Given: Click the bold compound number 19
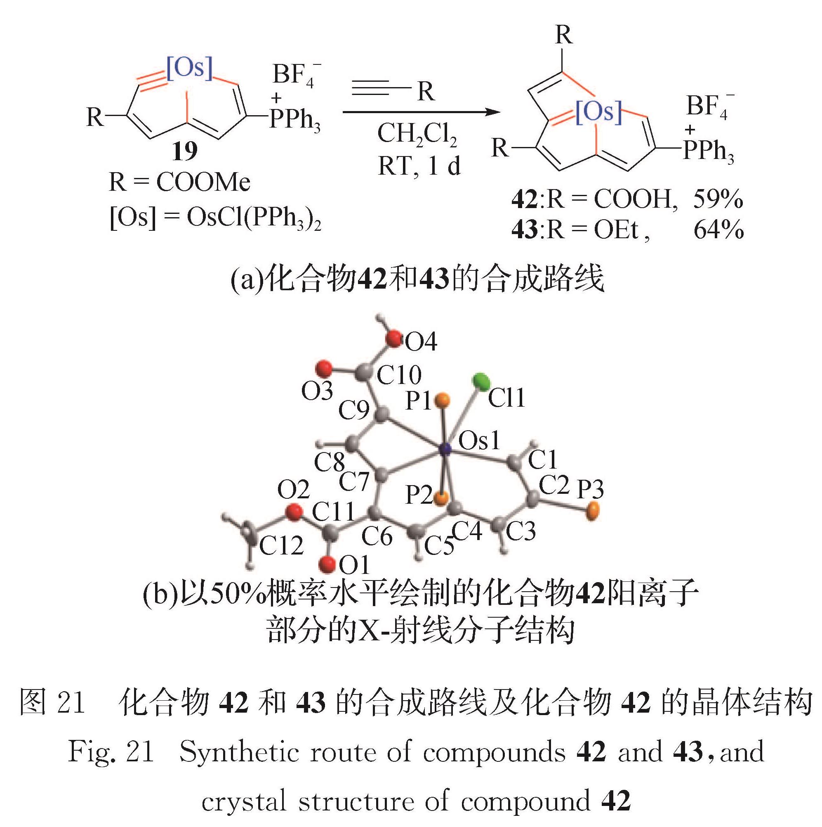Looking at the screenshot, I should [185, 152].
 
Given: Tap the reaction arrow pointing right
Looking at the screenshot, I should [421, 113].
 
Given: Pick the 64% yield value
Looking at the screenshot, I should [718, 230].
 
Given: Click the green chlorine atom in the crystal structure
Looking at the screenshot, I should [482, 382].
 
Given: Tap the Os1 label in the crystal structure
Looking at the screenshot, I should [479, 441].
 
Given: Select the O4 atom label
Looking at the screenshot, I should [421, 342].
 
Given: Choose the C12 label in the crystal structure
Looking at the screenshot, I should [281, 545].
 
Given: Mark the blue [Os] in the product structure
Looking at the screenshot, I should [598, 112].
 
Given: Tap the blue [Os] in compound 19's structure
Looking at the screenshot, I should [189, 68].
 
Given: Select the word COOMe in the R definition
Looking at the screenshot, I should [203, 183].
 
